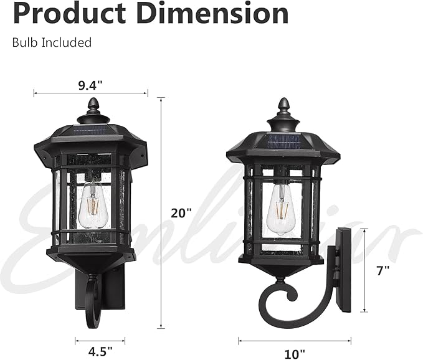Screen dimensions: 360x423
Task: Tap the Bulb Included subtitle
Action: click(x=52, y=42)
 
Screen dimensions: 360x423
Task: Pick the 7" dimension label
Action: click(x=383, y=270)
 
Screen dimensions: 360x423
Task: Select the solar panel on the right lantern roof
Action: click(x=283, y=140)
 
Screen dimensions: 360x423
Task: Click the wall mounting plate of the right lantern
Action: click(x=343, y=269)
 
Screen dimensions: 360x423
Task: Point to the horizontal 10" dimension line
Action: click(x=294, y=340)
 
